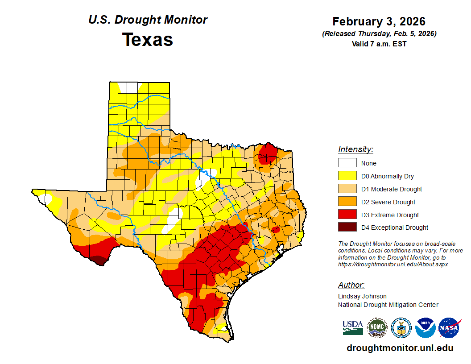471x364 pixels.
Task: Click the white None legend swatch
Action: (x=347, y=163)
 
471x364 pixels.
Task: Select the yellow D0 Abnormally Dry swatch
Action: (x=347, y=176)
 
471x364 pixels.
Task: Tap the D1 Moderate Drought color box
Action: (x=347, y=189)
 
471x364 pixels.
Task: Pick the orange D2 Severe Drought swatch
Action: (x=347, y=202)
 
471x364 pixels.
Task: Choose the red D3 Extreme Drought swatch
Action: (x=347, y=215)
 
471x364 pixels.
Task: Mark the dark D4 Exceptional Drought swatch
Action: (x=347, y=227)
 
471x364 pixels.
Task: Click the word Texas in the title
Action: (x=148, y=40)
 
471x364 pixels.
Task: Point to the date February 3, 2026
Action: (x=379, y=21)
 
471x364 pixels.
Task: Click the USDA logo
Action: (x=353, y=328)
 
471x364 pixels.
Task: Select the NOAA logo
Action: (x=425, y=328)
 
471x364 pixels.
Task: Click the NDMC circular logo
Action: (x=377, y=328)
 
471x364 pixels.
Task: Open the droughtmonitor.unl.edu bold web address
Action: (x=400, y=348)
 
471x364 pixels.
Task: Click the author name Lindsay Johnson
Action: (x=362, y=296)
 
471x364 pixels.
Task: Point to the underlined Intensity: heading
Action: (x=355, y=149)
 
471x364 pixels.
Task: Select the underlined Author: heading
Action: (x=351, y=285)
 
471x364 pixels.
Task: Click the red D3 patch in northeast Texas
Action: (x=267, y=153)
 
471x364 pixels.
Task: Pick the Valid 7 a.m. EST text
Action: (x=379, y=44)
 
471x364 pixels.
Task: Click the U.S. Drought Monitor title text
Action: (x=148, y=20)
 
